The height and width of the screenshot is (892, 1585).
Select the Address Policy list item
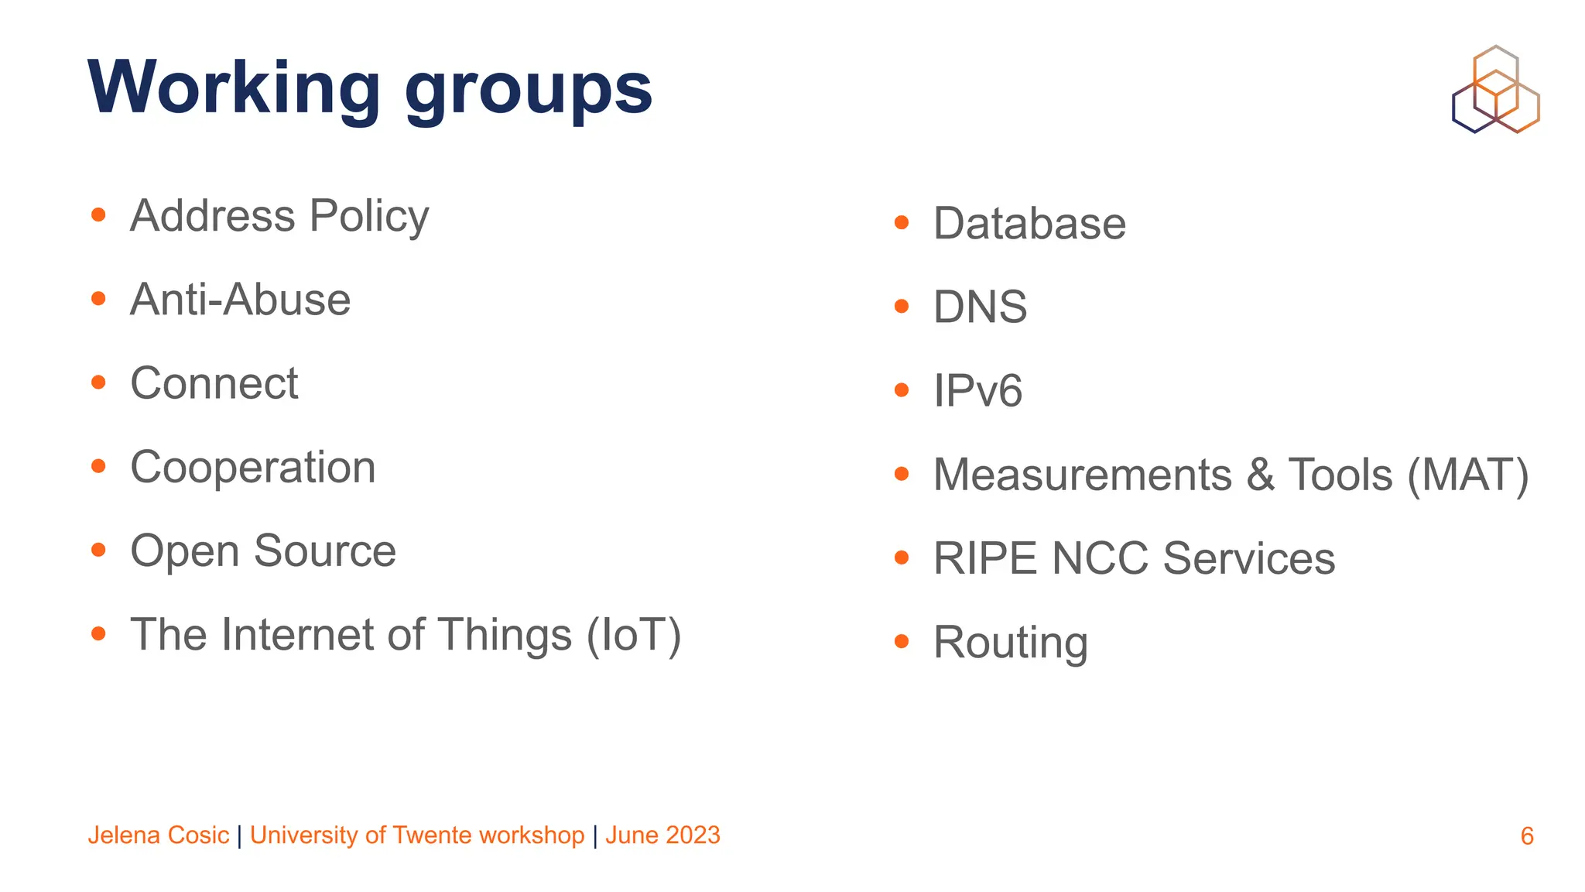279,216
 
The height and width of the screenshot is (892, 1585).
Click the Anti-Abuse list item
240,300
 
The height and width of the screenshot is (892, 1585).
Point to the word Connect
214,383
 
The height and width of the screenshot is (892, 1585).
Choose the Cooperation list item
253,468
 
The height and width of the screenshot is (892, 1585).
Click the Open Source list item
263,551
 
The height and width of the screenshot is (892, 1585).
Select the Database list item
1029,224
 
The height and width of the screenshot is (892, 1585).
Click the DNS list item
980,307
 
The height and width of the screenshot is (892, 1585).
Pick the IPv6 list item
977,391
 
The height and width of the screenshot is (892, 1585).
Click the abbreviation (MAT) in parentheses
1467,475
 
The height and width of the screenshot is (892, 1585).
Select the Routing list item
1010,643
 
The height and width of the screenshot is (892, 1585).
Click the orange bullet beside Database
901,223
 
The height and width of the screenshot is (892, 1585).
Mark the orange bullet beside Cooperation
98,466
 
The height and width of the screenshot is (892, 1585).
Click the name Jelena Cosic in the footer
159,835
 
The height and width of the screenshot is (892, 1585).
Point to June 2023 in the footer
662,835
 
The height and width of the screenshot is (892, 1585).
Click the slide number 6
1527,836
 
